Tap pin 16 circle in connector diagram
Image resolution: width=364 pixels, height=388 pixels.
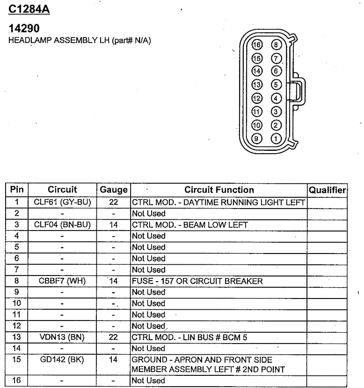point(256,45)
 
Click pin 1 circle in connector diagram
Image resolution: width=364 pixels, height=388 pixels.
point(276,139)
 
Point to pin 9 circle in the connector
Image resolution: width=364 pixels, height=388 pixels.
point(256,139)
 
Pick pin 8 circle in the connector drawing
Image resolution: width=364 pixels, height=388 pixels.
point(276,45)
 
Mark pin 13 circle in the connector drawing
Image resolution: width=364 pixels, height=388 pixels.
point(256,85)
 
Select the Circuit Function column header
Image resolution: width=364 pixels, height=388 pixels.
point(219,190)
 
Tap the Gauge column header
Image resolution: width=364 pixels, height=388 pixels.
point(114,190)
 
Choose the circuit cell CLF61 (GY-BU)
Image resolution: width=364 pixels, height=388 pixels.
point(62,202)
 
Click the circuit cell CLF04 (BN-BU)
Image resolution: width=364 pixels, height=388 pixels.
point(62,225)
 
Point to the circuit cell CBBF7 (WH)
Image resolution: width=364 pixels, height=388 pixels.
point(62,281)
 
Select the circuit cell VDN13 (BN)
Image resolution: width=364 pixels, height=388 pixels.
point(62,337)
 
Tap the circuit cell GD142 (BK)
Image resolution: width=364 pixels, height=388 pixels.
point(62,360)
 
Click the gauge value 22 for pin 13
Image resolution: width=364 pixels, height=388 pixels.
point(114,337)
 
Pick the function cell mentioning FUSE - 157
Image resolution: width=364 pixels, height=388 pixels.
point(197,281)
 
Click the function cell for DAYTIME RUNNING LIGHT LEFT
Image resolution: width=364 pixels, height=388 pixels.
point(218,202)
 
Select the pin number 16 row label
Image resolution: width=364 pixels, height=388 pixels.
point(17,380)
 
